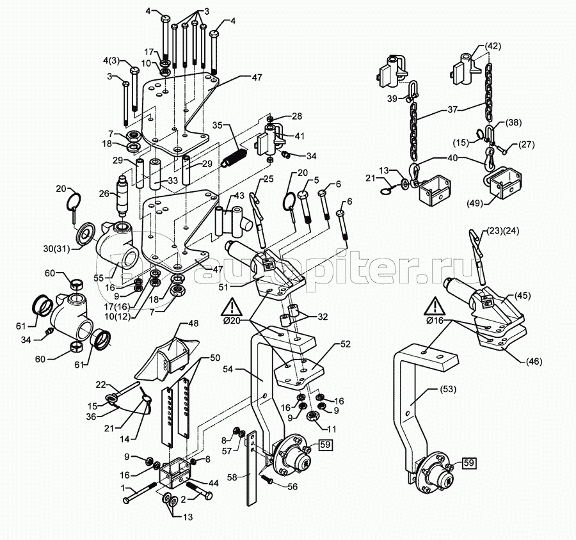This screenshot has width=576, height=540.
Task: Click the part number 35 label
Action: [217, 125]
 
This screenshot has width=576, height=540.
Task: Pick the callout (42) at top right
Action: [492, 45]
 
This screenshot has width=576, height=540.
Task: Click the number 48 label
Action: [193, 324]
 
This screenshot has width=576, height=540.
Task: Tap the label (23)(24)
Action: [504, 231]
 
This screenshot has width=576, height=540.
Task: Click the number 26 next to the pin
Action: [104, 193]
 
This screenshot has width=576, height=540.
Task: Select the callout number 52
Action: [346, 344]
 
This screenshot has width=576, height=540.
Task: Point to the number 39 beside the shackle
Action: [392, 98]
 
